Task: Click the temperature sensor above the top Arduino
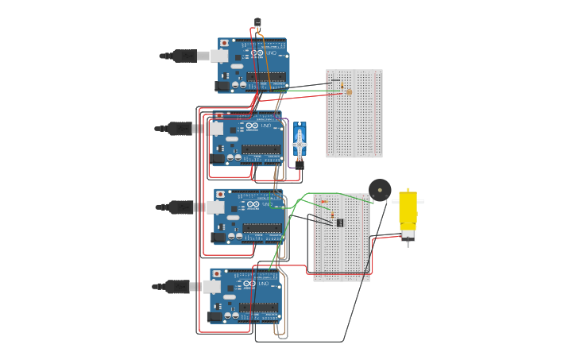point(257,22)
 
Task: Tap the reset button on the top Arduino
point(224,43)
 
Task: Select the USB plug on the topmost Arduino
point(184,56)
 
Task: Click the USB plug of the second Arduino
point(180,128)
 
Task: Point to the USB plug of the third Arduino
point(181,207)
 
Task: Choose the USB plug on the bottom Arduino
point(177,286)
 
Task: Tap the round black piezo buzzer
point(380,190)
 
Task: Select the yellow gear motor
point(408,214)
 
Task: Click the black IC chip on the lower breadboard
point(340,223)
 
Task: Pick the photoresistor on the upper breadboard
point(349,92)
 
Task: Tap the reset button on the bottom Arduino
point(216,273)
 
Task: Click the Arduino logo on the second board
point(252,126)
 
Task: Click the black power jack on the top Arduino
point(222,86)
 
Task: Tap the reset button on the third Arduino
point(220,194)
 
